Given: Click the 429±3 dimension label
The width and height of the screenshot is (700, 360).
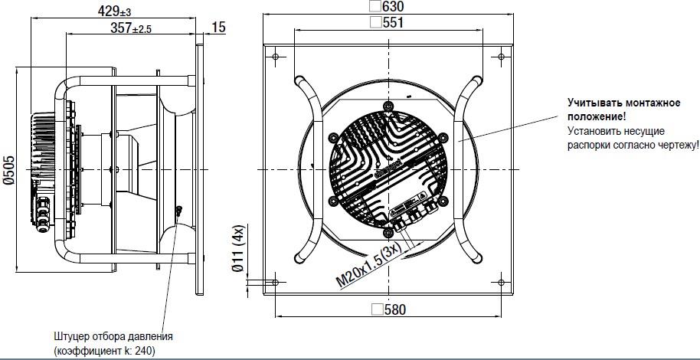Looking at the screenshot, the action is coord(114,10).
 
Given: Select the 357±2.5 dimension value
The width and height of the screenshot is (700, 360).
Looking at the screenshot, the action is coord(131,28).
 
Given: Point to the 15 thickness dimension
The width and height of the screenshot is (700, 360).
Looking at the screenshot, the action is coord(219,28).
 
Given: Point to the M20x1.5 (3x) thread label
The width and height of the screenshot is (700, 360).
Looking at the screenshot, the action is coord(370,267).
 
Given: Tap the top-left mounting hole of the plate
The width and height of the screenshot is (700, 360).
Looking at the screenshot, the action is coord(275,57).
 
